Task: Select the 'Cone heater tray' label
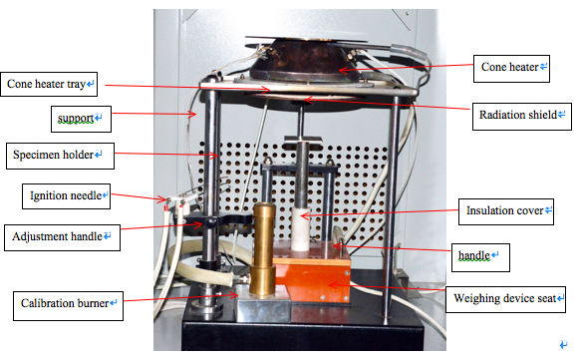(49, 82)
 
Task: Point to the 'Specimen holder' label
(58, 156)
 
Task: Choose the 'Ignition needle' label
(64, 195)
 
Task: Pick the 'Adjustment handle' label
(63, 237)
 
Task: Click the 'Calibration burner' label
(68, 302)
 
